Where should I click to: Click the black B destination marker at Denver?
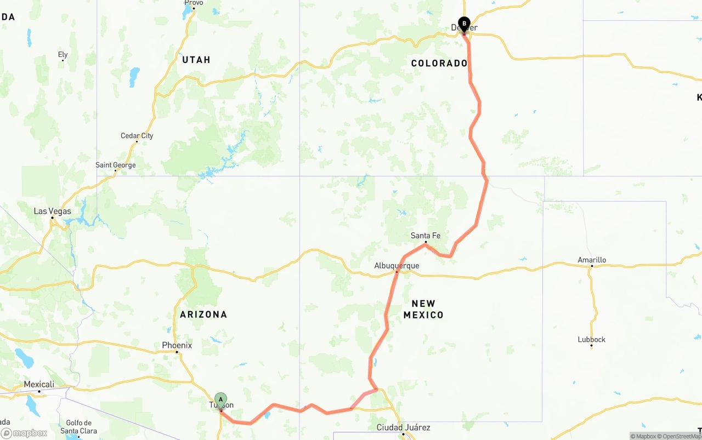(x=464, y=24)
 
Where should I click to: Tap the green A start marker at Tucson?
(x=220, y=399)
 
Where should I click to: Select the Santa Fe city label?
(x=426, y=236)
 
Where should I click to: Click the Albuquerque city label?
(x=397, y=266)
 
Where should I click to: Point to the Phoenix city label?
(x=177, y=345)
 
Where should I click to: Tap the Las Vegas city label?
(x=53, y=211)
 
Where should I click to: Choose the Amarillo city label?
(x=592, y=260)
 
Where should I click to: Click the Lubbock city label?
(x=591, y=339)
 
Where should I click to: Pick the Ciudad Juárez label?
(x=403, y=427)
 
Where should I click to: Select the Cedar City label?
(x=137, y=136)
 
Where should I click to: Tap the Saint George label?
(x=115, y=165)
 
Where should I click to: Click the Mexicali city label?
(x=39, y=385)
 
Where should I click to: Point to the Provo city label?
(x=194, y=3)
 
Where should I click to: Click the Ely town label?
(x=63, y=54)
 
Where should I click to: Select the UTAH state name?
(x=196, y=60)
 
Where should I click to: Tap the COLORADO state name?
(x=439, y=64)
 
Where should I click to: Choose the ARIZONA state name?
(x=203, y=315)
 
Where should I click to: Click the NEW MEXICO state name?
(x=423, y=309)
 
